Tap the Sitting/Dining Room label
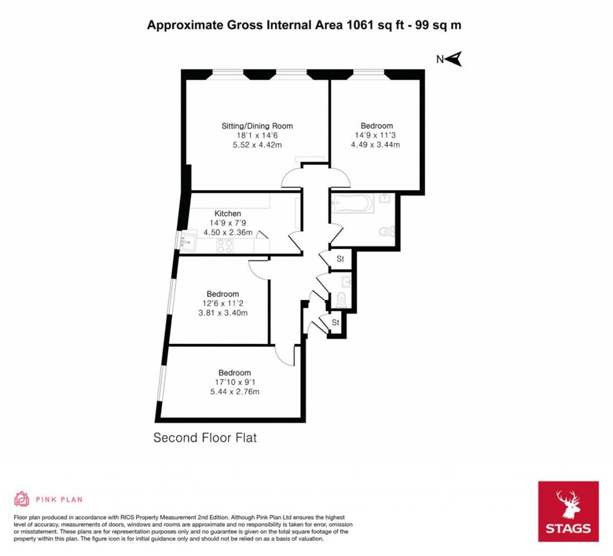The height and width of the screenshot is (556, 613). tap(257, 126)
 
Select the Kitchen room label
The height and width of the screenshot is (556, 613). tap(228, 213)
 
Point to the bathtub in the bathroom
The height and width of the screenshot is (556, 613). tap(352, 204)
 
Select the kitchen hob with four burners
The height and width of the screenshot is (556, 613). tap(224, 246)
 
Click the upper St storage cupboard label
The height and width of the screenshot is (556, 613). tap(340, 259)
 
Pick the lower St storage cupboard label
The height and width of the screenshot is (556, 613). tap(335, 322)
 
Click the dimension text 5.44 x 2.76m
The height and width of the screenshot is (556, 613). tap(235, 392)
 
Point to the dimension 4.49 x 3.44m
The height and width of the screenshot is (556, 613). tap(377, 145)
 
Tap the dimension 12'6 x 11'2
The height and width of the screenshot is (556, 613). tap(223, 303)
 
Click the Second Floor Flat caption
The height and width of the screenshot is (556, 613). tap(205, 438)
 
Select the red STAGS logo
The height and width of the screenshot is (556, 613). tap(568, 512)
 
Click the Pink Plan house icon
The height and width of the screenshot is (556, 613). tap(22, 498)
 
